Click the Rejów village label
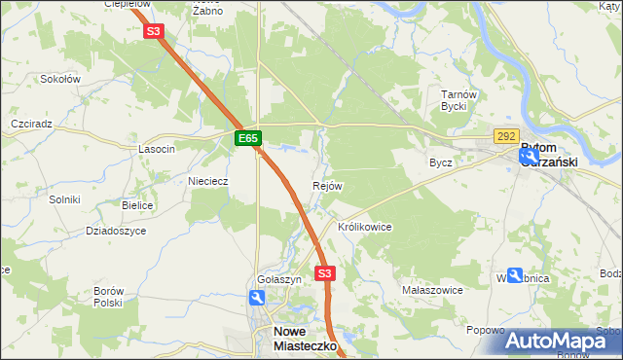pyautogui.click(x=327, y=186)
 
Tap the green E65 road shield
pyautogui.click(x=248, y=139)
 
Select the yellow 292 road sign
pyautogui.click(x=506, y=137)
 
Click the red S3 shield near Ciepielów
pyautogui.click(x=153, y=31)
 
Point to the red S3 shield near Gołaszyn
pyautogui.click(x=325, y=273)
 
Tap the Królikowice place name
pyautogui.click(x=364, y=227)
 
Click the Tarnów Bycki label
pyautogui.click(x=456, y=100)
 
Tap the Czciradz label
pyautogui.click(x=31, y=126)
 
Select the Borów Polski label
pyautogui.click(x=108, y=297)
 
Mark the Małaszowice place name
pyautogui.click(x=432, y=290)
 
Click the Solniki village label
pyautogui.click(x=64, y=199)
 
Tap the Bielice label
pyautogui.click(x=137, y=206)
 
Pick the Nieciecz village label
pyautogui.click(x=207, y=181)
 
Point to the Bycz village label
pyautogui.click(x=441, y=162)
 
